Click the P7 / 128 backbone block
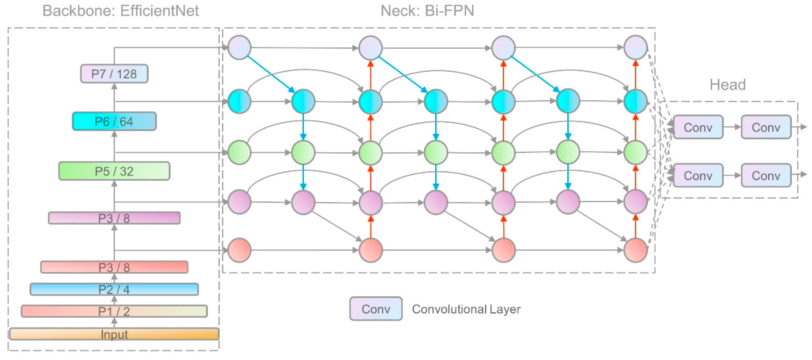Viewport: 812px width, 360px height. coord(114,74)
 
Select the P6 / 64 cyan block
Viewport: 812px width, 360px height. coord(114,121)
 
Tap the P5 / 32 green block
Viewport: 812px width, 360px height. coord(114,171)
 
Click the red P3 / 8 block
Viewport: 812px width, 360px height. coord(114,267)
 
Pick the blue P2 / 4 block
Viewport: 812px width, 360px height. coord(114,289)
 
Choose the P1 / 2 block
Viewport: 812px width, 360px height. coord(114,311)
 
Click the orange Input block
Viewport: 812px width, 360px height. coord(114,334)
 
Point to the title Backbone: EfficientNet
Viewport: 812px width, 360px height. coord(120,11)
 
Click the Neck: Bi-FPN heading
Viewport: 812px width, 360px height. coord(427,11)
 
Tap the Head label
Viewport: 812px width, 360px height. coord(728,85)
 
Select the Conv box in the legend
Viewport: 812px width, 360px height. coord(376,309)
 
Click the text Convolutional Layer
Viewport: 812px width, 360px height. coord(466,309)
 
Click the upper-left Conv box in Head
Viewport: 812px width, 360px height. coord(698,127)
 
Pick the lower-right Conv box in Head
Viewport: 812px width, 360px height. coord(766,175)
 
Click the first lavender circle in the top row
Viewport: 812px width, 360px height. coord(240,48)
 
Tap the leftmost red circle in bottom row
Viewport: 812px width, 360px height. coord(240,250)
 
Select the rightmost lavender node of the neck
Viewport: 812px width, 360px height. coord(636,48)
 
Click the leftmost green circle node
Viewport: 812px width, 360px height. coord(240,153)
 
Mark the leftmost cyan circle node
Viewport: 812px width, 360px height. coord(240,102)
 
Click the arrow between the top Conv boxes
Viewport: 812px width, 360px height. coord(732,127)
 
